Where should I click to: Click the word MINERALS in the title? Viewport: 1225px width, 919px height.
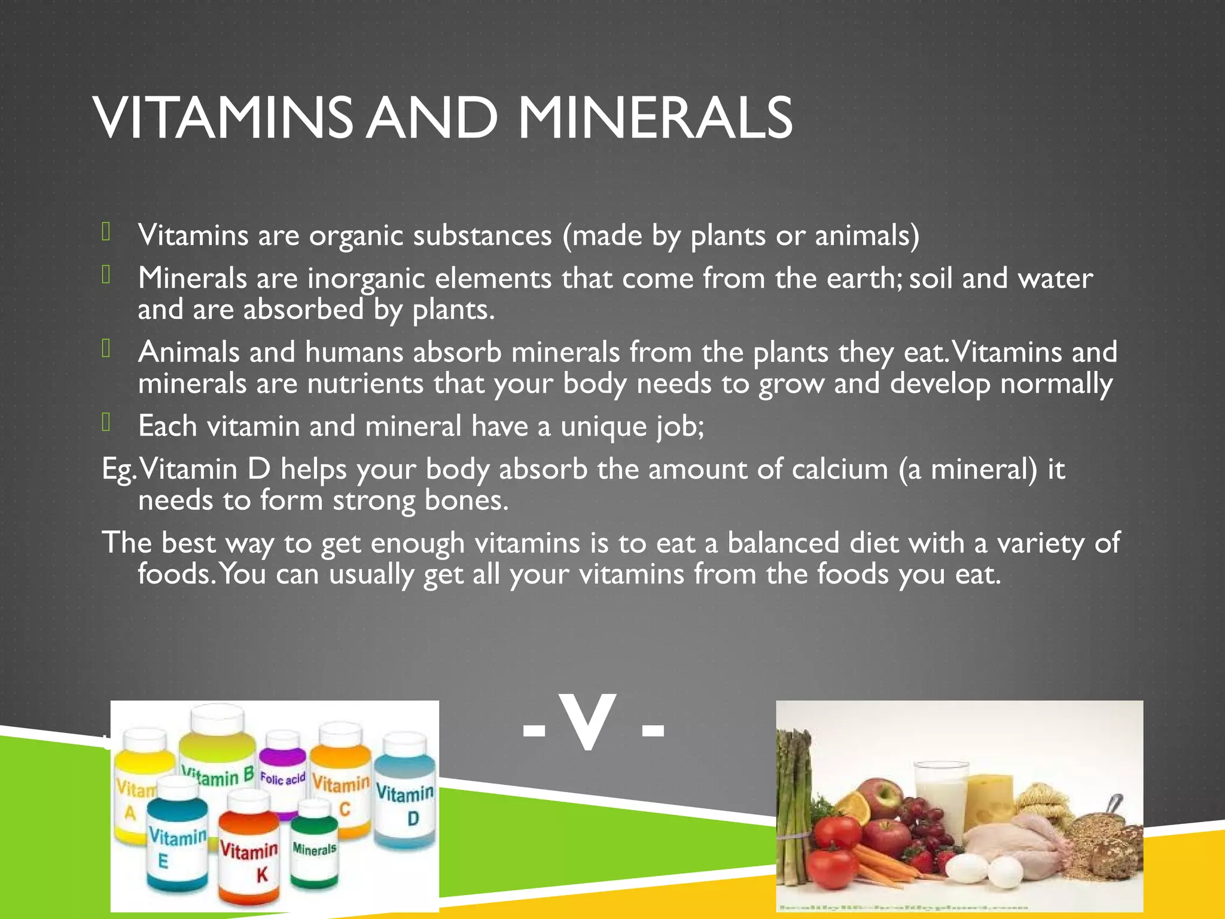pos(655,118)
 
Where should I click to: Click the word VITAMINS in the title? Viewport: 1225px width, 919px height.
pos(223,118)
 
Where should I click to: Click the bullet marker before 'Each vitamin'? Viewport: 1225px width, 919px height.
pos(106,422)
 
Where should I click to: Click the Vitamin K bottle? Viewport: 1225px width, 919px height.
pos(249,850)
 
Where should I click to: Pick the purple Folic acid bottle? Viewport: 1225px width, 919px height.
pos(282,772)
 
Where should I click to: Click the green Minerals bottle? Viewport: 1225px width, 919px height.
pos(314,850)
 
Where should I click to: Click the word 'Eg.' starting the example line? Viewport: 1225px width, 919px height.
pos(118,470)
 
